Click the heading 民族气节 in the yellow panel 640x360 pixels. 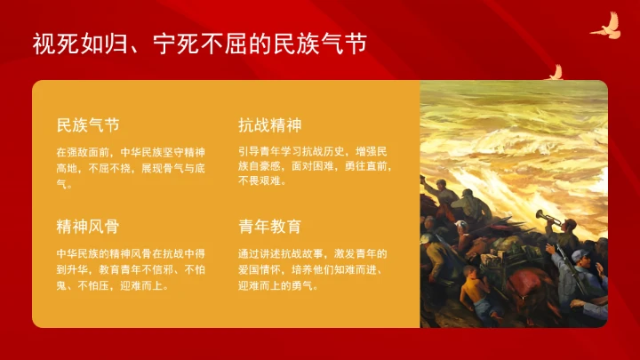click(x=88, y=124)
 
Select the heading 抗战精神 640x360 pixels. click(x=269, y=124)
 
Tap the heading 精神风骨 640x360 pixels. click(x=88, y=226)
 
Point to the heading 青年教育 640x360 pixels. click(x=269, y=226)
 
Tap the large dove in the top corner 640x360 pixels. click(x=606, y=26)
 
